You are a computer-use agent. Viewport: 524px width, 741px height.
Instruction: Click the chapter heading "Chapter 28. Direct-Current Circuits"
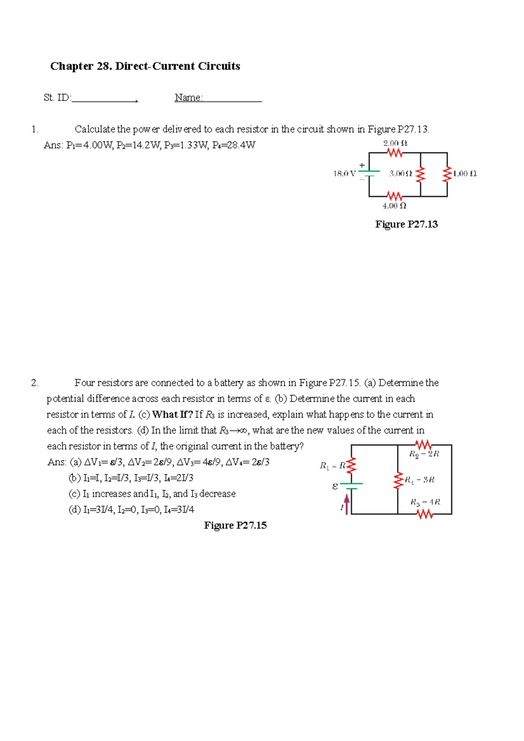point(145,66)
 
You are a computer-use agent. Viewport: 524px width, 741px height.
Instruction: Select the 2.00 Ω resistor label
point(395,143)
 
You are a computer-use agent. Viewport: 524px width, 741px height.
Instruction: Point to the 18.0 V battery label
point(345,174)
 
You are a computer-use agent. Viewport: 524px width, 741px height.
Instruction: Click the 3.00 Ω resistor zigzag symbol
point(421,174)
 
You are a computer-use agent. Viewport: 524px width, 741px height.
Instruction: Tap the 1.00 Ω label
point(465,174)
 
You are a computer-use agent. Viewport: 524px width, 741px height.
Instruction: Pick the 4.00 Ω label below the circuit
point(394,206)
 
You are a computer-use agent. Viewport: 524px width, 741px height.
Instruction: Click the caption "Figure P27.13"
point(407,224)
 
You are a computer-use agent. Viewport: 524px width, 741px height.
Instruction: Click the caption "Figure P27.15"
point(235,525)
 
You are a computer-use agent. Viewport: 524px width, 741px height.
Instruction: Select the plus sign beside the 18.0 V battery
point(362,165)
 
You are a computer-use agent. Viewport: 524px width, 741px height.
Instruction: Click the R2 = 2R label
point(424,454)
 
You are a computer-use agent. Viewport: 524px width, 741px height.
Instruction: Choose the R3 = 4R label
point(425,502)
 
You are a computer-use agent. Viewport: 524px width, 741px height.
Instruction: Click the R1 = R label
point(332,466)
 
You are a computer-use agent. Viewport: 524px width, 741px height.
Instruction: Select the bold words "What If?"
point(172,414)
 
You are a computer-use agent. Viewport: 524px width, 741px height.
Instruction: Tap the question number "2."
point(35,383)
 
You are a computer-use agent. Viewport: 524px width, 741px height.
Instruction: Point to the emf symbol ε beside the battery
point(335,486)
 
